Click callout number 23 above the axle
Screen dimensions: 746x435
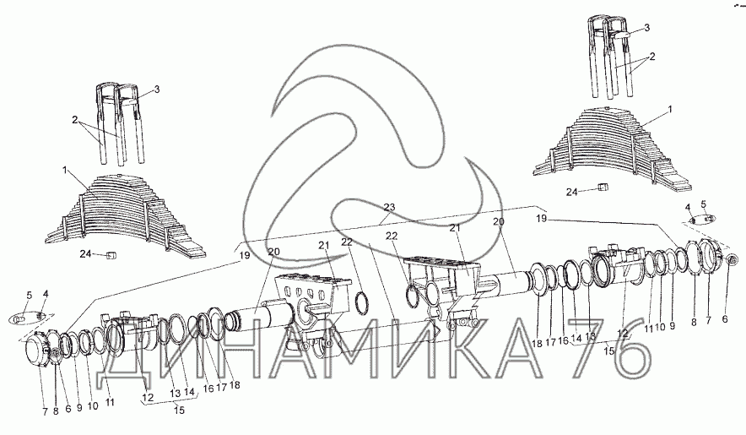click(389, 208)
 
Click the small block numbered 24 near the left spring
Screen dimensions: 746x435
click(111, 256)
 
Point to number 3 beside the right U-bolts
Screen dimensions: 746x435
click(646, 28)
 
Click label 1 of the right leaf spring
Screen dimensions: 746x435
click(670, 110)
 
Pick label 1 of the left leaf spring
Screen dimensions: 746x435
click(64, 170)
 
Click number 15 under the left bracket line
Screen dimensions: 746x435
click(179, 410)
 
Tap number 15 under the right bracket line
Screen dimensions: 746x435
click(608, 351)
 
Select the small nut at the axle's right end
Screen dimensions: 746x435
click(733, 259)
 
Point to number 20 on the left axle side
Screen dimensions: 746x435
click(273, 252)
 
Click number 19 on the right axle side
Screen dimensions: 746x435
click(541, 219)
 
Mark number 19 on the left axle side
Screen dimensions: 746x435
click(245, 256)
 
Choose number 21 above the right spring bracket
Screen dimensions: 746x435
click(456, 228)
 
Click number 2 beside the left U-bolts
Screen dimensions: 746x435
click(75, 120)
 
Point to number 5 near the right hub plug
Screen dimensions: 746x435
click(704, 204)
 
